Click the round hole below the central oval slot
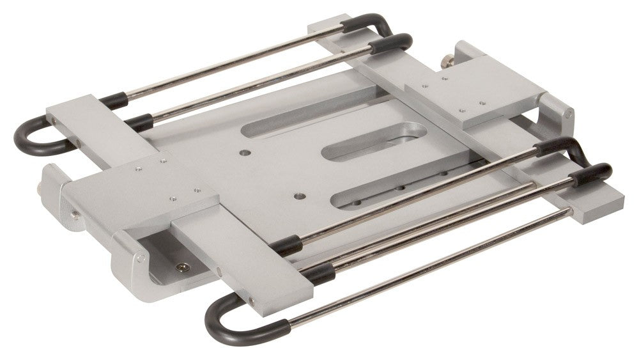297,195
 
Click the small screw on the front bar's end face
250,301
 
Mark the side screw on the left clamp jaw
75,215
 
